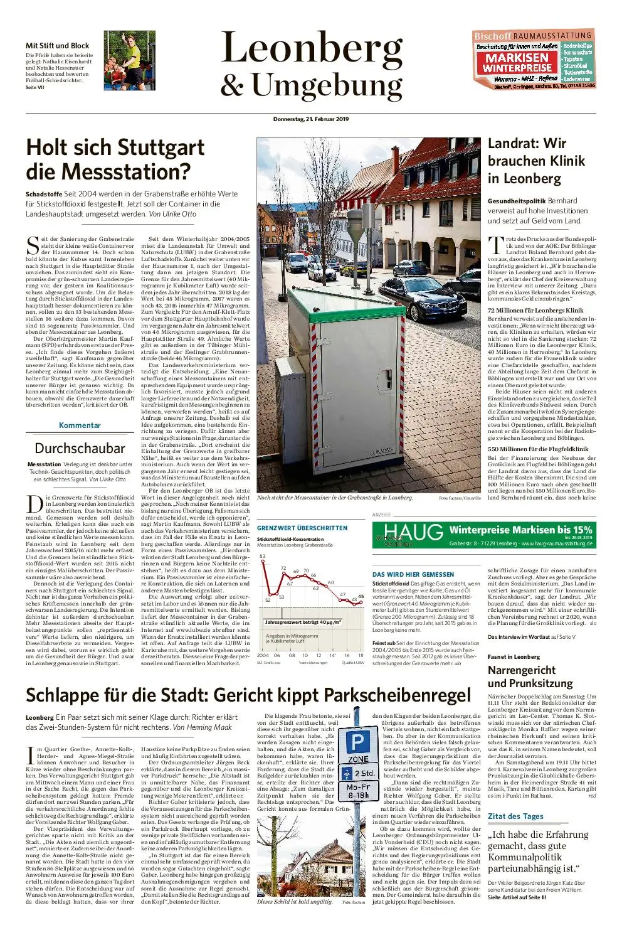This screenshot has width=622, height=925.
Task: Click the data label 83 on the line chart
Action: (263, 557)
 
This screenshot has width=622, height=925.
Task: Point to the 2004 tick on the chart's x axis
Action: (263, 655)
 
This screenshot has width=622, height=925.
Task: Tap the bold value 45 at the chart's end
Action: (361, 596)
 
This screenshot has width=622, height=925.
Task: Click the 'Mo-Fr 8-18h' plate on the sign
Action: (359, 791)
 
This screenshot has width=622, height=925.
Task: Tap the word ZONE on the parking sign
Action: (358, 759)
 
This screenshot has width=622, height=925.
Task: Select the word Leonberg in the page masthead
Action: (312, 49)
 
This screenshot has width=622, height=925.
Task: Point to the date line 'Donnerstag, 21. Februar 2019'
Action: (311, 119)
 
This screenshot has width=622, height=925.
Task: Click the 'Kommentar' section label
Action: (80, 425)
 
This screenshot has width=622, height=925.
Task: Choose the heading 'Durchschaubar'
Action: (80, 448)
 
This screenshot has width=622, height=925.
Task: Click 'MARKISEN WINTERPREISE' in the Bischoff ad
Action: (517, 61)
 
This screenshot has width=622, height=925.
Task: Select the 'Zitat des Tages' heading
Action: (515, 816)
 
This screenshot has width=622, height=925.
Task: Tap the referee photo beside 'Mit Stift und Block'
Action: (129, 60)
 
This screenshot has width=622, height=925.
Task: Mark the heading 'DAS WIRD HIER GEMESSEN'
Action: (413, 574)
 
